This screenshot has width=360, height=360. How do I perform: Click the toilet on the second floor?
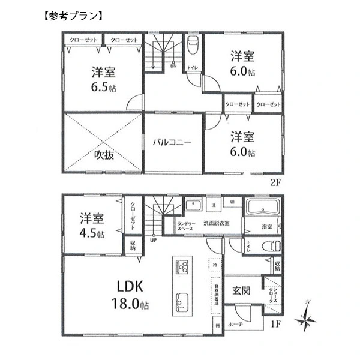193,46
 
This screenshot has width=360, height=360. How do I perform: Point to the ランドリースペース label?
185,227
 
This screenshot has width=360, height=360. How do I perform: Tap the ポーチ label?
235,324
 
